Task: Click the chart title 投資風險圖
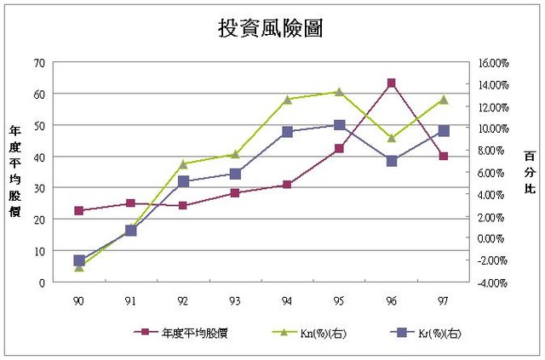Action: [270, 27]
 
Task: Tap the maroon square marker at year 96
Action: [391, 83]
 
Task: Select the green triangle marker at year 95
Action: [339, 92]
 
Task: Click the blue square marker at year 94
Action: [287, 132]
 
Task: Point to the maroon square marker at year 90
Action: [79, 210]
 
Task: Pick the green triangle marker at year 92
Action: [183, 163]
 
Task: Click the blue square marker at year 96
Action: [391, 161]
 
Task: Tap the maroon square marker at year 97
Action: [444, 156]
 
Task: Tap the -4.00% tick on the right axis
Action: [491, 283]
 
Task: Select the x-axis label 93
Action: [235, 300]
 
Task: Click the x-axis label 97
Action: [444, 300]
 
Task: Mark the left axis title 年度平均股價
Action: [14, 170]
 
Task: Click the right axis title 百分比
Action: [530, 171]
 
